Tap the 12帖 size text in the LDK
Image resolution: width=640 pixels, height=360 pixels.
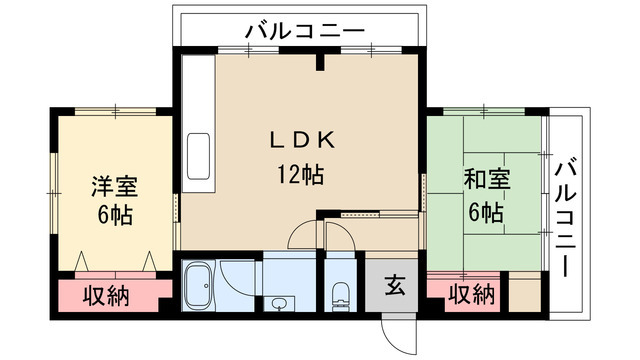click(x=299, y=174)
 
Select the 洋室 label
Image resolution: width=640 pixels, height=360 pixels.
click(x=114, y=187)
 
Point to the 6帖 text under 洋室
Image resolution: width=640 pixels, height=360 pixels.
click(x=114, y=214)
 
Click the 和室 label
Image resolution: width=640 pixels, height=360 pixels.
click(x=487, y=182)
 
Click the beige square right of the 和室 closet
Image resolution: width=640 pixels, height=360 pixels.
click(x=524, y=293)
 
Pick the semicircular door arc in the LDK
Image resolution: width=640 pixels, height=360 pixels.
click(x=303, y=238)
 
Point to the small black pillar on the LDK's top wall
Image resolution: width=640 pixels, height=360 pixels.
click(x=322, y=64)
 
